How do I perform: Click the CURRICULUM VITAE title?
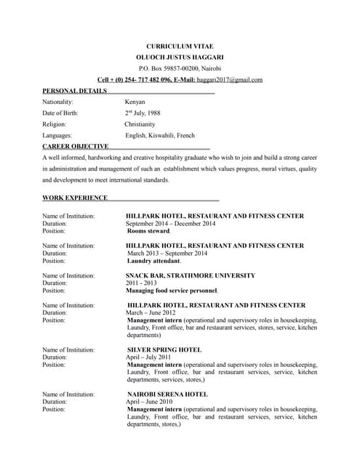pyautogui.click(x=180, y=46)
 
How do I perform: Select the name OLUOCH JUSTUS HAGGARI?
pyautogui.click(x=180, y=57)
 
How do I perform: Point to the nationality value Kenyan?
pyautogui.click(x=135, y=102)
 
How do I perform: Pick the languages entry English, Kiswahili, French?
pyautogui.click(x=160, y=135)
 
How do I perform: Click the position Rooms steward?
pyautogui.click(x=148, y=231)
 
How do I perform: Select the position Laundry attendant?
pyautogui.click(x=153, y=260)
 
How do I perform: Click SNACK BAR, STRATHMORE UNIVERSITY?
pyautogui.click(x=191, y=275)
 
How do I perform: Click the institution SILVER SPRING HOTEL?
pyautogui.click(x=164, y=349)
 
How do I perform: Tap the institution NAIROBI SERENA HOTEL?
pyautogui.click(x=167, y=394)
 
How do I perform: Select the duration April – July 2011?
pyautogui.click(x=148, y=357)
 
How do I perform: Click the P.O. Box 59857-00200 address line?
pyautogui.click(x=180, y=68)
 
